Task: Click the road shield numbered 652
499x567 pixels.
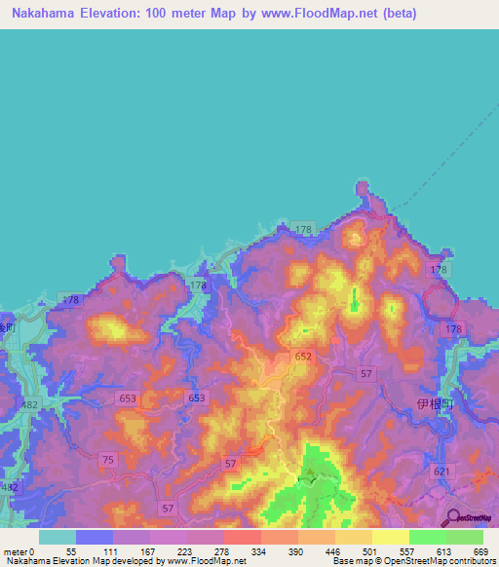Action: (303, 358)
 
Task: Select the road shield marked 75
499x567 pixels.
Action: (107, 460)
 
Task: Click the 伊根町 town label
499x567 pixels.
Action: (436, 402)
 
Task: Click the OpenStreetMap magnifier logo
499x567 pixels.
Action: (454, 517)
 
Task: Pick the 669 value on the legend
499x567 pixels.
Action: (480, 551)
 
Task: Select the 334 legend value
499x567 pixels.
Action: (257, 551)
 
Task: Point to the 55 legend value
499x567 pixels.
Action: (70, 551)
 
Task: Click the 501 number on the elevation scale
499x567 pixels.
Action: (367, 551)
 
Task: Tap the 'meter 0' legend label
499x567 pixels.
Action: (19, 551)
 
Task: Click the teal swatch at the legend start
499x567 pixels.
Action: (57, 537)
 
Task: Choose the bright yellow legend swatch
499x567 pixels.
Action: (390, 537)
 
